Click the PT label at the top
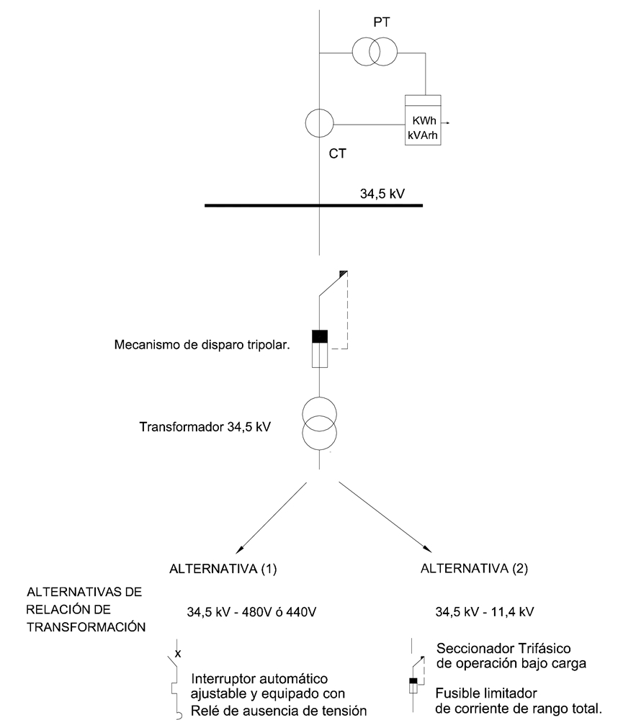tap(382, 24)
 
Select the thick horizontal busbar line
tap(314, 206)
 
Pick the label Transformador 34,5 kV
tap(205, 426)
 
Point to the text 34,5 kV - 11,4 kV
tap(484, 613)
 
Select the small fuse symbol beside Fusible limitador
tap(413, 685)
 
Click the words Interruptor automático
tap(259, 679)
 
